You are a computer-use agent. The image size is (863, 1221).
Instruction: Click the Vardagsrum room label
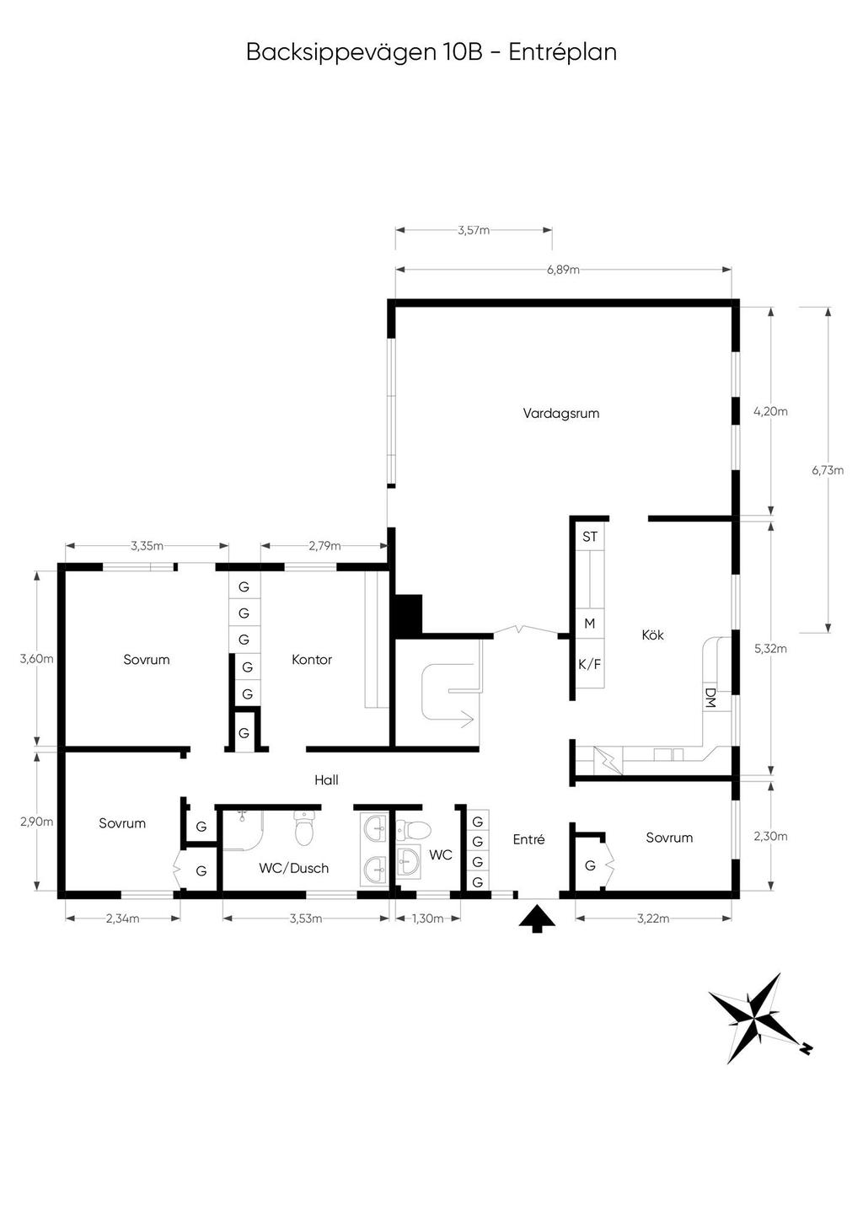561,413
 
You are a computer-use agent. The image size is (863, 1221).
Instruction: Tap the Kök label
652,635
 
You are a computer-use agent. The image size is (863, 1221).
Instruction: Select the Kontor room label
312,660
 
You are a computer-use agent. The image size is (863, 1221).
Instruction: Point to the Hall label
326,780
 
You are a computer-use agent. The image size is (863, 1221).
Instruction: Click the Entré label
528,839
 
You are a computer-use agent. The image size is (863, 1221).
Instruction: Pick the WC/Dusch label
294,868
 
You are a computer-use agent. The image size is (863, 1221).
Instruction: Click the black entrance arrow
537,918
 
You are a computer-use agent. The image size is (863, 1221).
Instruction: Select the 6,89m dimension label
563,270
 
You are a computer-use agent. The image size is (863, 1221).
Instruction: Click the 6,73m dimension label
828,470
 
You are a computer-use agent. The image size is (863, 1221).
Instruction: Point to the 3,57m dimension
474,230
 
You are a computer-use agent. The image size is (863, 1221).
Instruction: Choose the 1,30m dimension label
428,918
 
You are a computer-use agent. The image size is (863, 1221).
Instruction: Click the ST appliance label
590,537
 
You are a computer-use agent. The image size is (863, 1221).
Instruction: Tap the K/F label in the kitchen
589,665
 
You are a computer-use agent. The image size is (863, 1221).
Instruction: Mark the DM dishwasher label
710,698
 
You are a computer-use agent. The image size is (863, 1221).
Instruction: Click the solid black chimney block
407,614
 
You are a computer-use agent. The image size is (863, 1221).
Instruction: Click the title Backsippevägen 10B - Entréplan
431,52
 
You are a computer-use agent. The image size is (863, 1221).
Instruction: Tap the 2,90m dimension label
36,822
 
